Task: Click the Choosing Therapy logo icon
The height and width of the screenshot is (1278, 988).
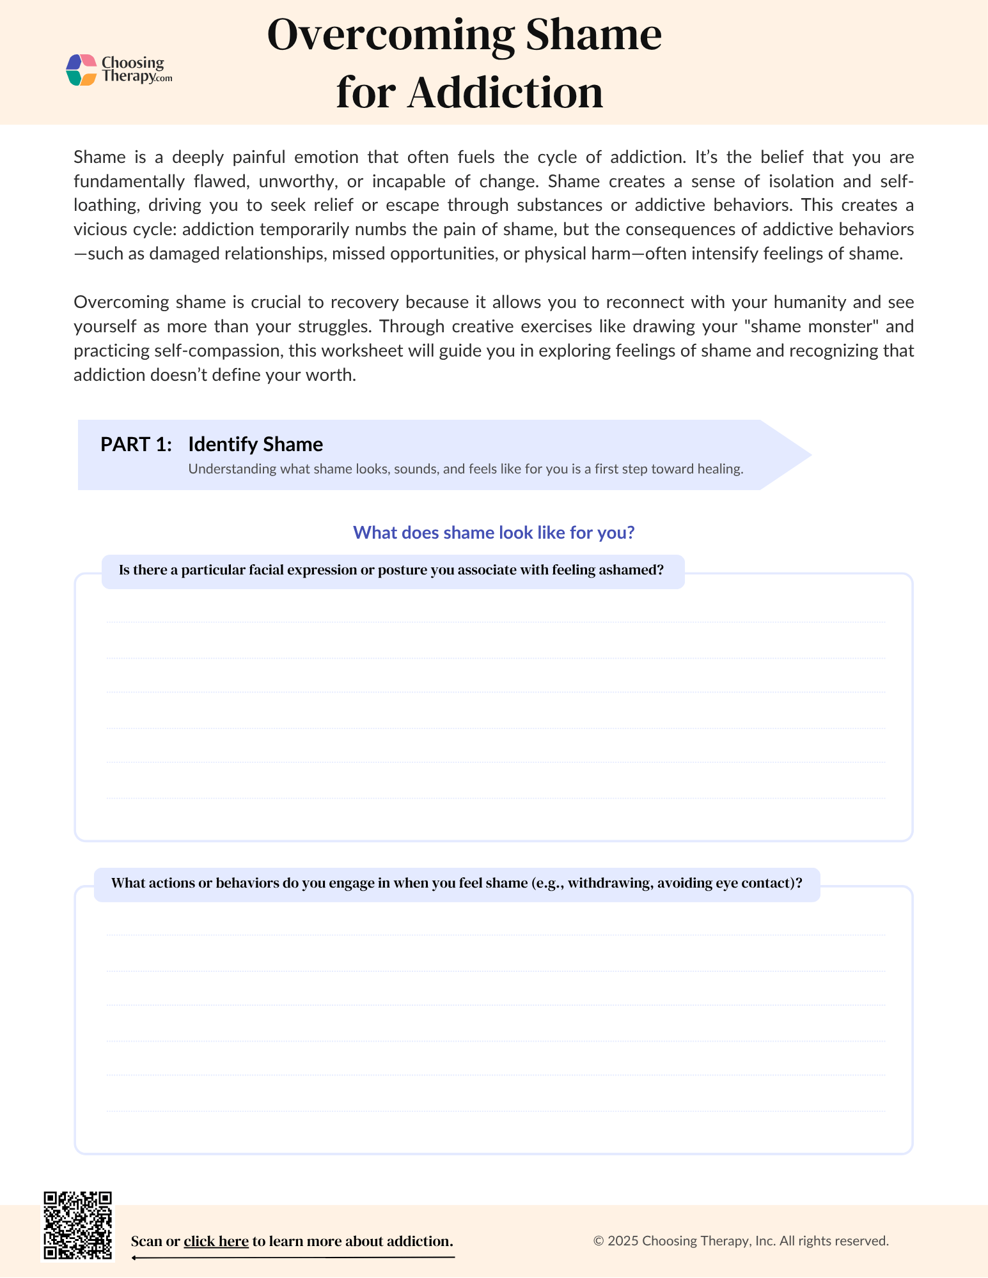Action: tap(81, 70)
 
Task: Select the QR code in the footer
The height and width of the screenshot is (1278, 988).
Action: tap(77, 1226)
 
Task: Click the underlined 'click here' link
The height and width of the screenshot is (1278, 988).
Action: tap(216, 1241)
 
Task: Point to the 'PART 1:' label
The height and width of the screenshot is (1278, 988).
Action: tap(136, 444)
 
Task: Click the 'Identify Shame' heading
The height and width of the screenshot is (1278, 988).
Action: tap(255, 444)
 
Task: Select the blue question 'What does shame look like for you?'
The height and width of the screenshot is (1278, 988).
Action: tap(494, 532)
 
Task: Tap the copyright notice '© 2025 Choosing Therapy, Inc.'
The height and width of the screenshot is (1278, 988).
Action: tap(741, 1241)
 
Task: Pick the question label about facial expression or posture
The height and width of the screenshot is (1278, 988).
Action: tap(391, 570)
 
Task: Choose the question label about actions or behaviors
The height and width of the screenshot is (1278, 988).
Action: tap(457, 883)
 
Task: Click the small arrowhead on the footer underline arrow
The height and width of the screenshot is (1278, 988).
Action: tap(135, 1258)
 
